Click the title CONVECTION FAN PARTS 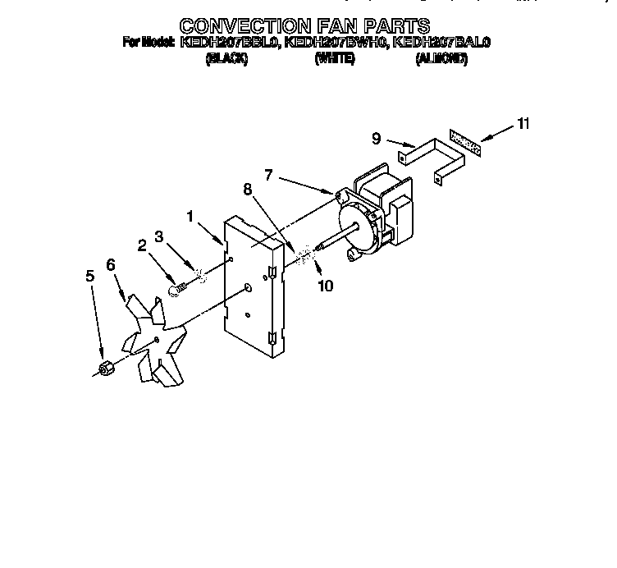click(304, 25)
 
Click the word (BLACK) click(226, 60)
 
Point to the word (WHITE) click(335, 60)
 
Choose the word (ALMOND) click(441, 60)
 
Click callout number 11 click(523, 124)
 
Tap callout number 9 click(377, 139)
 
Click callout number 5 click(91, 277)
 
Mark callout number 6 click(112, 264)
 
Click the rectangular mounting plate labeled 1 click(254, 287)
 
